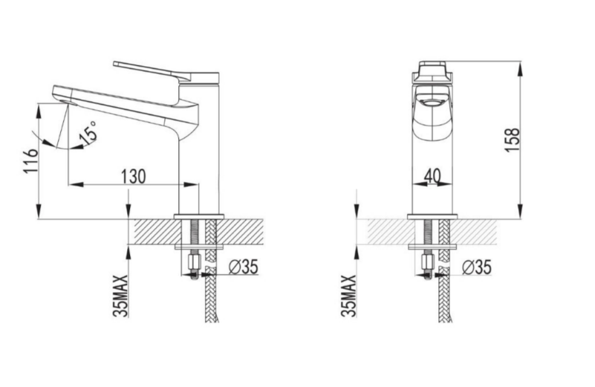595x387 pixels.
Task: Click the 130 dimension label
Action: click(133, 177)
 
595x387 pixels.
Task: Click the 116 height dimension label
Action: click(30, 161)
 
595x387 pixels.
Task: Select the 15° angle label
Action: click(90, 132)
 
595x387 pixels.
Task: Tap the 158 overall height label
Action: click(512, 140)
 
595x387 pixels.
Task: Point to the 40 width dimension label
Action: click(432, 175)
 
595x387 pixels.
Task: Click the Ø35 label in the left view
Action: click(243, 267)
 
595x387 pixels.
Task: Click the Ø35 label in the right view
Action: click(477, 267)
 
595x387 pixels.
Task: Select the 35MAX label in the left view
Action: click(121, 296)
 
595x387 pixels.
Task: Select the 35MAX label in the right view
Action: click(348, 296)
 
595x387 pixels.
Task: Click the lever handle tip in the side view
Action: click(115, 64)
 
